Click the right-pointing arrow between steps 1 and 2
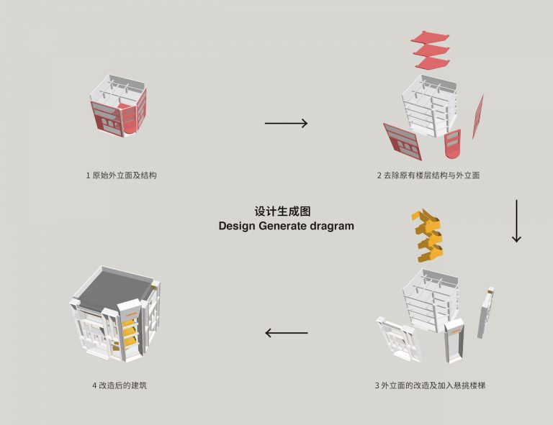coord(286,123)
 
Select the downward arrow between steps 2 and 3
coord(516,221)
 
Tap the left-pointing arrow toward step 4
coord(286,333)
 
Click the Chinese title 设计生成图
coord(282,211)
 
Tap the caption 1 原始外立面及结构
coord(121,175)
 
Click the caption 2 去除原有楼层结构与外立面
coord(428,175)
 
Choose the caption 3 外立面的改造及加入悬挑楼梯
coord(430,385)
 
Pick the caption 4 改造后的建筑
coord(120,385)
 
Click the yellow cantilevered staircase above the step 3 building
coord(428,236)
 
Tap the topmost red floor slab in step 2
coord(430,37)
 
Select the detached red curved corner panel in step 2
coord(452,145)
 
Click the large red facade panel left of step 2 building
coord(403,142)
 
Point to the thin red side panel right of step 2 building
coord(478,117)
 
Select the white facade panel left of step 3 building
coord(397,339)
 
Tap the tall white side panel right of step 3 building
coord(486,312)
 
